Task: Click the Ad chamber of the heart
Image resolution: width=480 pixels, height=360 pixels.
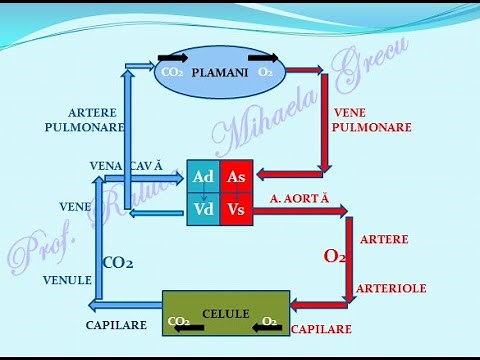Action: tap(203, 176)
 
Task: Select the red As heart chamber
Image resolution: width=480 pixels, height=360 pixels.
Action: tap(237, 176)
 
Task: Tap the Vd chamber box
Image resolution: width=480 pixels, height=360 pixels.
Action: tap(203, 209)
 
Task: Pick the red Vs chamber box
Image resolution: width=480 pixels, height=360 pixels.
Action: tap(237, 209)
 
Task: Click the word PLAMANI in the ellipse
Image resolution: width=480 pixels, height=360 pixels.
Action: tap(217, 73)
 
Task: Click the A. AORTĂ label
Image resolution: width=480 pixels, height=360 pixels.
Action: tap(299, 199)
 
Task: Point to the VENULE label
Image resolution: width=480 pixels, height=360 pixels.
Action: tap(68, 281)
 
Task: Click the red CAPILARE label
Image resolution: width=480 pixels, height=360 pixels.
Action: tap(322, 327)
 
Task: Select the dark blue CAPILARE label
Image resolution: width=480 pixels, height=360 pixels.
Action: tap(116, 325)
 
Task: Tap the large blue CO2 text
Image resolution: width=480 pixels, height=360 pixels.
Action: tap(119, 264)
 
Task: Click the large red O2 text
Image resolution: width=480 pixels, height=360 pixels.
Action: tap(335, 256)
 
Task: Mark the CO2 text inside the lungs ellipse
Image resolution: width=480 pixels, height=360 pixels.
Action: tap(172, 73)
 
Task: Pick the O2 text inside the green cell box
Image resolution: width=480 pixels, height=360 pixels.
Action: tap(270, 322)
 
